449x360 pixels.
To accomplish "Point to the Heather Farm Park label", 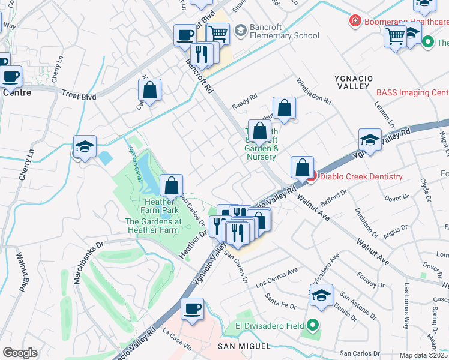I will tap(152, 206).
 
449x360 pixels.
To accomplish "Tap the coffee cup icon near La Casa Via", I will tap(192, 308).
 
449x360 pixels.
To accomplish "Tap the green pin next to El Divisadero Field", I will tap(312, 326).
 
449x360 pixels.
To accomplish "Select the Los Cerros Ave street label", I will tap(277, 277).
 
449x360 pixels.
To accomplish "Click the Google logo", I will tap(20, 353).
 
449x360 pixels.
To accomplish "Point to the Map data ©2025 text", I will tap(423, 355).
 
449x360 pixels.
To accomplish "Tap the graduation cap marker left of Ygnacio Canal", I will tap(85, 146).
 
